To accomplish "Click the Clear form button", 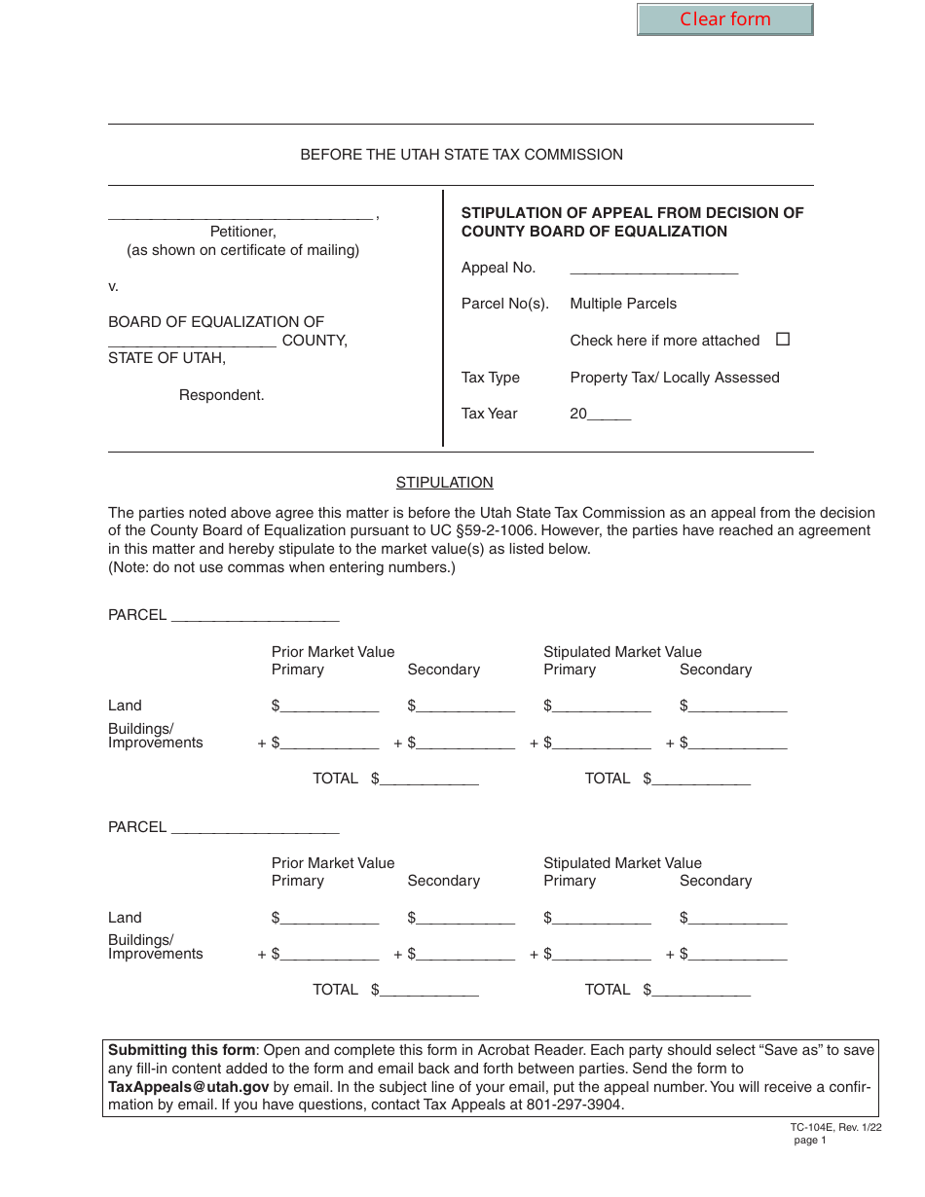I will click(x=724, y=19).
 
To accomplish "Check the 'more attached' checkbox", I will click(x=783, y=340).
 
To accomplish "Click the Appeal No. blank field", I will click(x=653, y=269).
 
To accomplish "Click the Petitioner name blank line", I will click(x=240, y=214).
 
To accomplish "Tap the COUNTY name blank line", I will click(x=192, y=342).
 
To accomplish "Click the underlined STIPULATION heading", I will click(x=444, y=483).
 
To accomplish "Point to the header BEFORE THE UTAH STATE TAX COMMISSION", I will click(x=462, y=155).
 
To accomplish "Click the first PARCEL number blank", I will click(x=254, y=616).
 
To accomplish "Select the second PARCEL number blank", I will click(x=254, y=827).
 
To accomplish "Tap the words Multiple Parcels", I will click(x=623, y=304).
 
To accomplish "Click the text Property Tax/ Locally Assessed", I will click(x=675, y=378).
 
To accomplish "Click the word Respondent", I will click(x=221, y=395).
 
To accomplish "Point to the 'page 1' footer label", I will click(x=809, y=1141).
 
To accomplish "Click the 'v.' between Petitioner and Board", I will click(x=113, y=286).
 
